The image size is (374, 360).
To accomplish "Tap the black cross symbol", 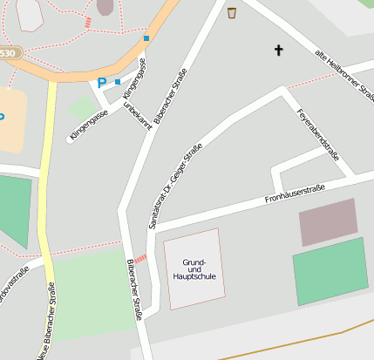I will pos(280,51).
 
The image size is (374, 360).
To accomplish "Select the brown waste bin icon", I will pos(232,12).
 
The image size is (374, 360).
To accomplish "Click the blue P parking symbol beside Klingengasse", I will pos(102,83).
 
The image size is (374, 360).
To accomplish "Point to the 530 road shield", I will pos(7,54).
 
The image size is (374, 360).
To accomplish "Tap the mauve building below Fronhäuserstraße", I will pos(329,222).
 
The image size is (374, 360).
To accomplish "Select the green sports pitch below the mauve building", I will pos(330,271).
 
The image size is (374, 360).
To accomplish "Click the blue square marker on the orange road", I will pos(146,38).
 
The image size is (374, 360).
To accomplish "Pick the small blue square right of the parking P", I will pos(118,82).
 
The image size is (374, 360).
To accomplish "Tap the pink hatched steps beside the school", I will pos(140,259).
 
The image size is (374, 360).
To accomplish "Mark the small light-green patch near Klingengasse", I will pos(82,109).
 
